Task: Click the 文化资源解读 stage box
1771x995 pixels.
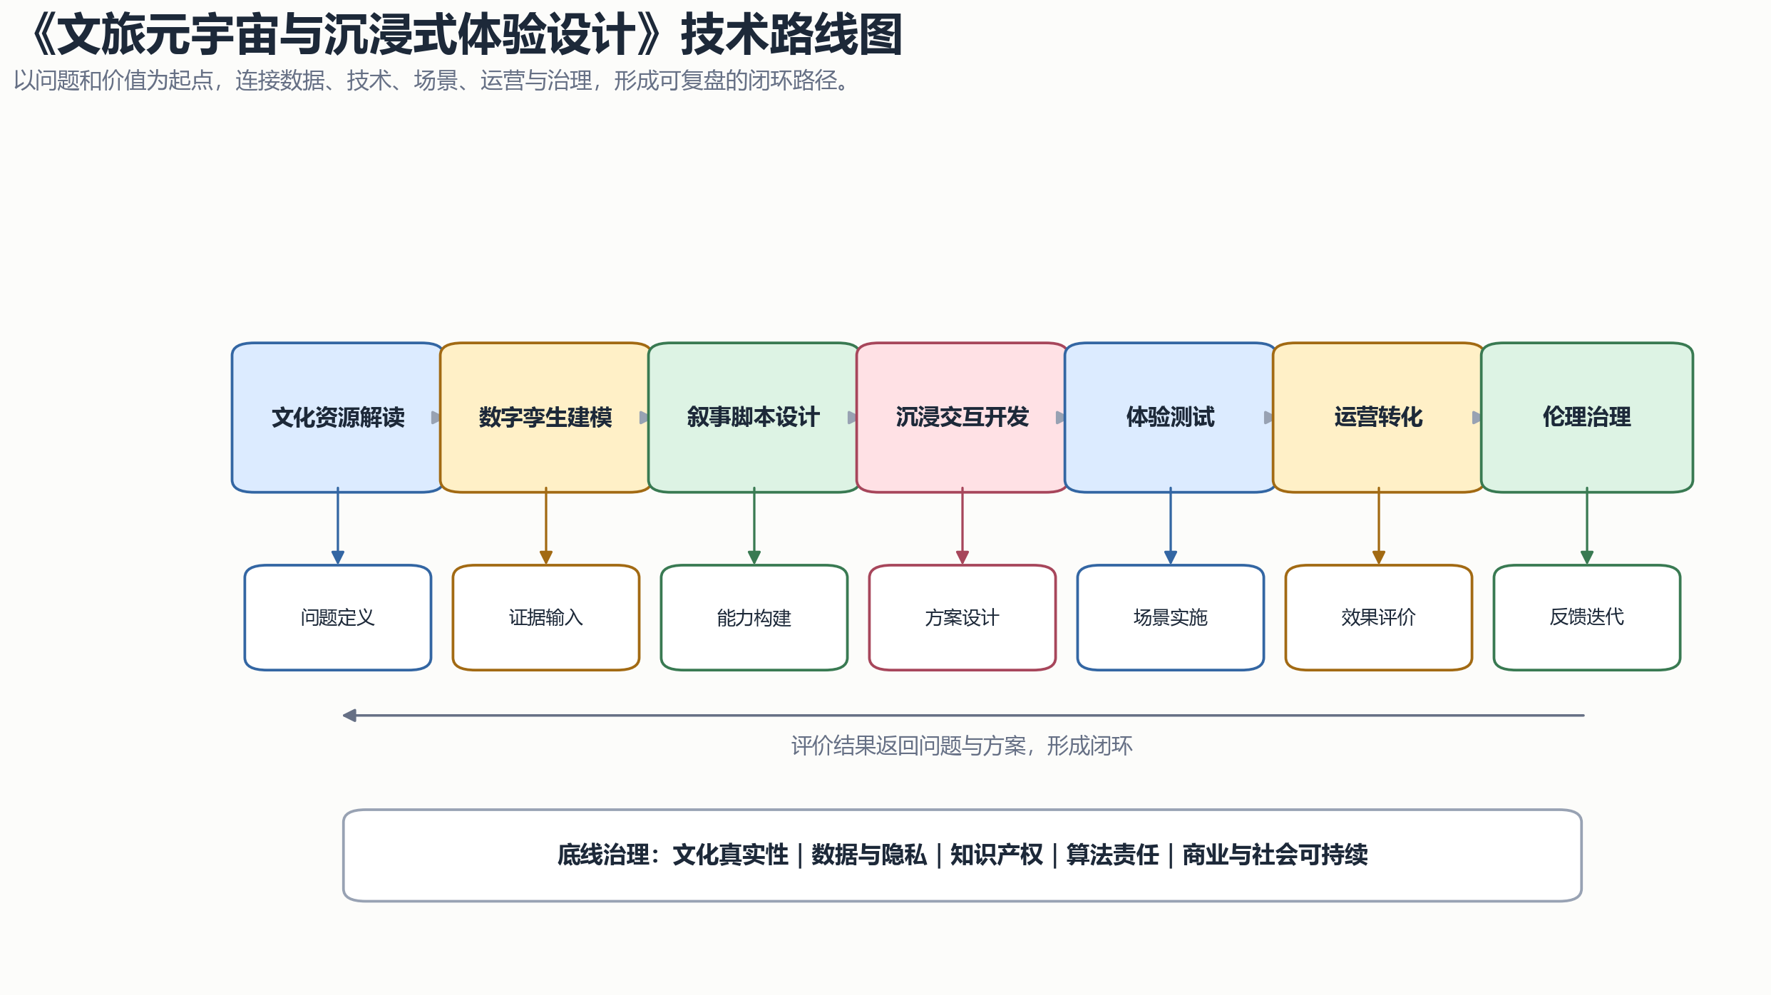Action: click(x=338, y=418)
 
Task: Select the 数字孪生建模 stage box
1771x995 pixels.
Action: click(x=546, y=418)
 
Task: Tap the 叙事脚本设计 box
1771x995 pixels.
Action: click(x=754, y=418)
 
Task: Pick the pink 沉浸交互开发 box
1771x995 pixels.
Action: click(x=962, y=418)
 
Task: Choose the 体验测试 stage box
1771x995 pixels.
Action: click(x=1171, y=418)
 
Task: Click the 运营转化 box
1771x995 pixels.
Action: click(x=1379, y=418)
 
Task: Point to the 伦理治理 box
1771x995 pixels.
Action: click(x=1587, y=418)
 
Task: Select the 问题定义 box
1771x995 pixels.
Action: click(x=338, y=617)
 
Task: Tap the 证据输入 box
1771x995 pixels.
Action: click(x=546, y=617)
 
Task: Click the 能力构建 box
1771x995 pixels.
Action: click(x=754, y=617)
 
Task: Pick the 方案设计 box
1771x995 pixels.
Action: click(x=962, y=617)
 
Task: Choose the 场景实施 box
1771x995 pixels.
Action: click(x=1171, y=617)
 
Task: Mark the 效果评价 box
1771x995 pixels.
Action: click(x=1379, y=617)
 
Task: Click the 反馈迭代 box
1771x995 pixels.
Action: click(x=1587, y=617)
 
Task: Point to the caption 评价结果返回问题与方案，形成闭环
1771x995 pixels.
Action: click(x=962, y=746)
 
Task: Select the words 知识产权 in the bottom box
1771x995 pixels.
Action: click(x=996, y=855)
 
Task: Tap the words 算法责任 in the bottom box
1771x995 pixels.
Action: click(x=1112, y=855)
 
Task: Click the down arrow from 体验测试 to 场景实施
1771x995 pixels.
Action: click(x=1171, y=526)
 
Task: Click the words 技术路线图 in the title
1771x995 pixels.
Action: click(x=792, y=35)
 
